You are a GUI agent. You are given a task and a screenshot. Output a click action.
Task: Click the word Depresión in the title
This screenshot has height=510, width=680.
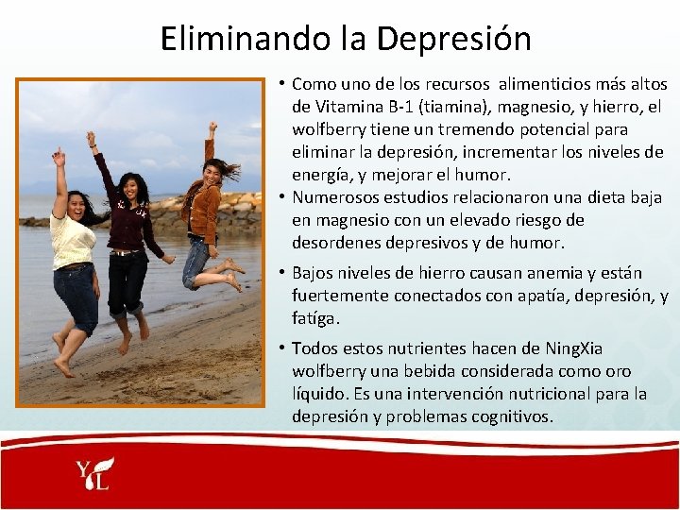point(453,39)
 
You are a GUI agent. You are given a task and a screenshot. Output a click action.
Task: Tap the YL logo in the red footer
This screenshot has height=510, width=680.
point(95,474)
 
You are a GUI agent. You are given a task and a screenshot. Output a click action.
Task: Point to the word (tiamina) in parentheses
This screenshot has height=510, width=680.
point(447,107)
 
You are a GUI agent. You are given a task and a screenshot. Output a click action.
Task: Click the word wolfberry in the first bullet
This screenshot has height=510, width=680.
point(330,129)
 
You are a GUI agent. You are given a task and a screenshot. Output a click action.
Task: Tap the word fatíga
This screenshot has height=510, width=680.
point(315,318)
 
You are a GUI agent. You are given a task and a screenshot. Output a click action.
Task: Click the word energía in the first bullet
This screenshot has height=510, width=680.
point(322,175)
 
